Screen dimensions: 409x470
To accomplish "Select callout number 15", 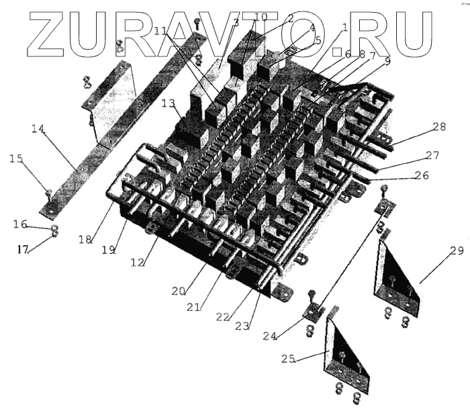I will click(17, 158).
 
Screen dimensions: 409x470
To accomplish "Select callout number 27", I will click(432, 156).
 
